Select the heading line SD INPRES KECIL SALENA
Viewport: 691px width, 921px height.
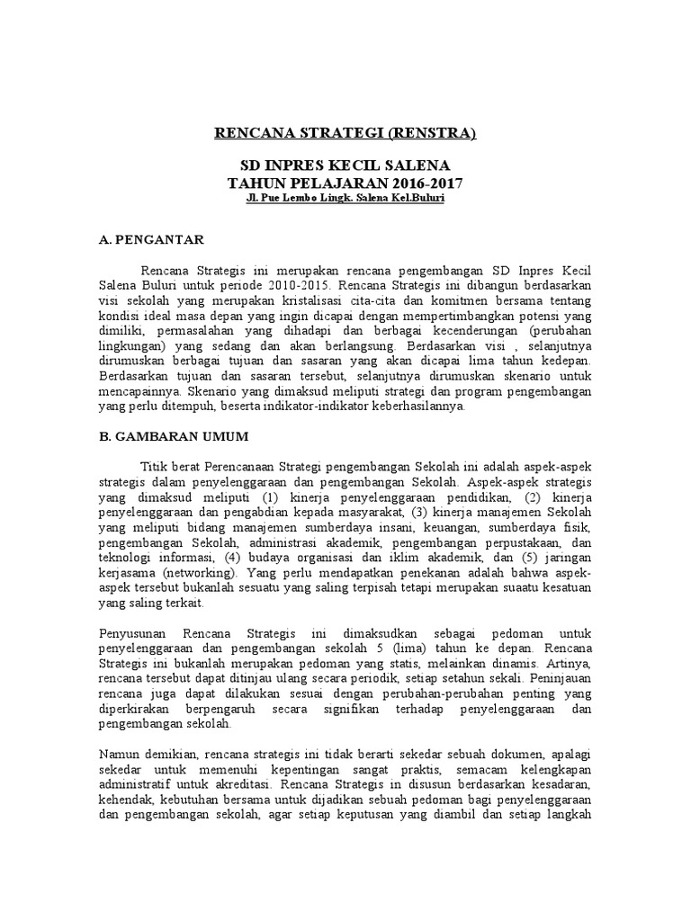345,166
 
